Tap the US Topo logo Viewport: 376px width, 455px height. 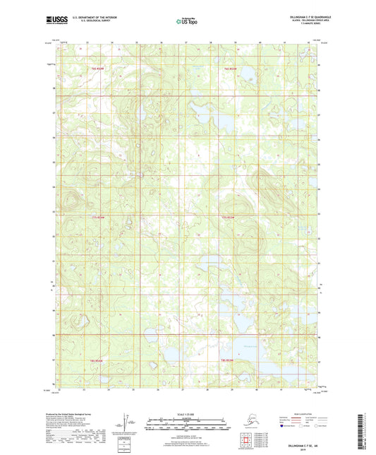click(x=188, y=22)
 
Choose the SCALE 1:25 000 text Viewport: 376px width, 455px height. click(x=188, y=413)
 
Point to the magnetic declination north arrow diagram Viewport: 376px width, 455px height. click(x=128, y=422)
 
